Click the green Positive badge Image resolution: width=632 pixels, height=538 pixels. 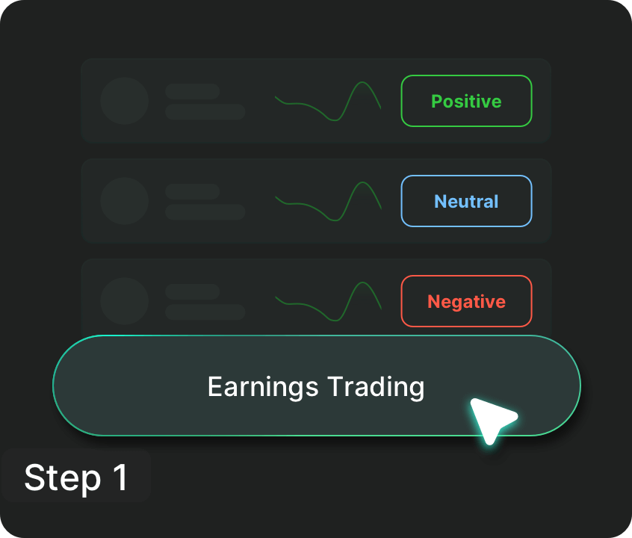(x=466, y=101)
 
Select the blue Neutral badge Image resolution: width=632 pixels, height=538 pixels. (x=466, y=201)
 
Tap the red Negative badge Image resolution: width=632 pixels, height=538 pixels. (x=466, y=301)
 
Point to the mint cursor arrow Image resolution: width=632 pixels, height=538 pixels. (x=490, y=418)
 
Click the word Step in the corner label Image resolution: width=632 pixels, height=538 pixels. (x=62, y=477)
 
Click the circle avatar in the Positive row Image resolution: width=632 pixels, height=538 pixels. (x=125, y=101)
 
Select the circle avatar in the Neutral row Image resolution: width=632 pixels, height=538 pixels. (x=125, y=201)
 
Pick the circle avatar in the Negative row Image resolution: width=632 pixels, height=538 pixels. (x=125, y=301)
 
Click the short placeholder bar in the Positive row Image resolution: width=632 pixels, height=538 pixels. (x=192, y=91)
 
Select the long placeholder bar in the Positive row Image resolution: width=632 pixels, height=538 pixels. (x=205, y=111)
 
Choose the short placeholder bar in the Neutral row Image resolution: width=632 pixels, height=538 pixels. (x=192, y=191)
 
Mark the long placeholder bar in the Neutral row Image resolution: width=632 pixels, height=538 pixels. (x=205, y=211)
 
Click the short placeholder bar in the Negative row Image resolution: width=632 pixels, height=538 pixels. (x=192, y=291)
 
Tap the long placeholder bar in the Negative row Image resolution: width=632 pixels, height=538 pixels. (x=205, y=312)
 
